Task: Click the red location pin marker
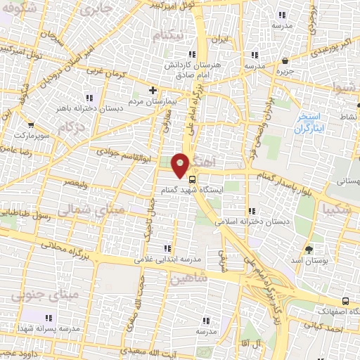pos(181,164)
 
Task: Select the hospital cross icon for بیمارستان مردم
pos(153,89)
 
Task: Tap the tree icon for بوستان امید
pos(309,250)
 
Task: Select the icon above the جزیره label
pos(285,61)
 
